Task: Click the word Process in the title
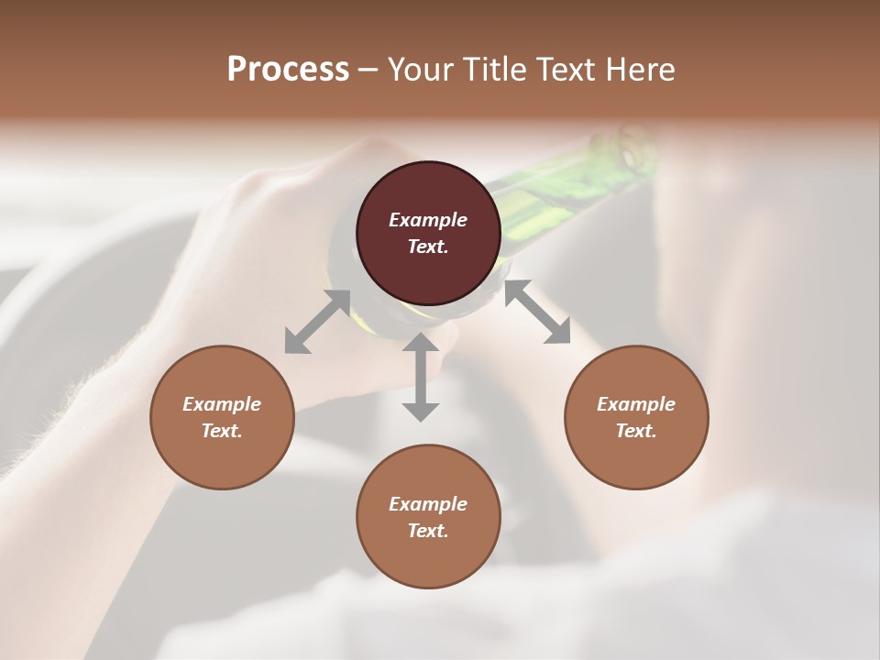pos(288,70)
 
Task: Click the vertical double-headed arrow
pos(421,377)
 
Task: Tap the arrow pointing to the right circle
pos(537,313)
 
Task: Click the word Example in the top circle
pos(428,220)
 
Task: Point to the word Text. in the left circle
pos(222,431)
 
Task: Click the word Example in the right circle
pos(636,404)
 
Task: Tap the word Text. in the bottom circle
pos(428,531)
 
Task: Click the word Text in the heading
pos(562,70)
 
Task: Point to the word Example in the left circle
pos(222,404)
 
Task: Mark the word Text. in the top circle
pos(428,247)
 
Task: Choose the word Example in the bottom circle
pos(428,504)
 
